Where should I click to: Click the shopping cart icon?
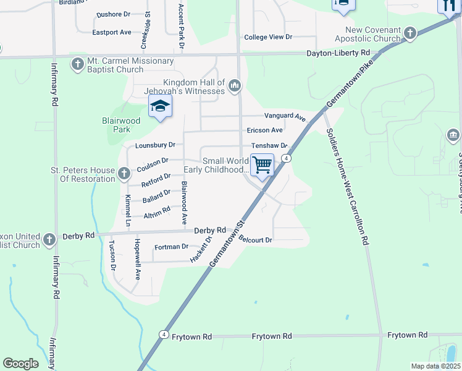pyautogui.click(x=262, y=165)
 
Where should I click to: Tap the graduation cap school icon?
pyautogui.click(x=160, y=107)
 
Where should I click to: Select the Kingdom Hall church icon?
pyautogui.click(x=234, y=85)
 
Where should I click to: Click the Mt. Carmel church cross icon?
pyautogui.click(x=77, y=63)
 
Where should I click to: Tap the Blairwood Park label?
pyautogui.click(x=117, y=126)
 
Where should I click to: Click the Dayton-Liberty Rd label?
pyautogui.click(x=338, y=53)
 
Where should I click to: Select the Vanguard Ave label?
pyautogui.click(x=285, y=116)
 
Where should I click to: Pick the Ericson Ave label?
pyautogui.click(x=264, y=130)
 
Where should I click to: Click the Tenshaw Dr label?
pyautogui.click(x=269, y=146)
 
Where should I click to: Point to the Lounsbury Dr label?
pyautogui.click(x=155, y=145)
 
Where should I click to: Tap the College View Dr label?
pyautogui.click(x=267, y=37)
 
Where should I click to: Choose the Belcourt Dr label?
pyautogui.click(x=255, y=239)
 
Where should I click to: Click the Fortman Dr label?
pyautogui.click(x=171, y=247)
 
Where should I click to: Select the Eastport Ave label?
pyautogui.click(x=112, y=32)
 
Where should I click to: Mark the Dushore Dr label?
pyautogui.click(x=114, y=14)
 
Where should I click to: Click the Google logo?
pyautogui.click(x=20, y=364)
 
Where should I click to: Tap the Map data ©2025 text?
pyautogui.click(x=435, y=366)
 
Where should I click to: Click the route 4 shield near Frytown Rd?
pyautogui.click(x=163, y=335)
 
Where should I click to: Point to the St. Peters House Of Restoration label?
pyautogui.click(x=82, y=174)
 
